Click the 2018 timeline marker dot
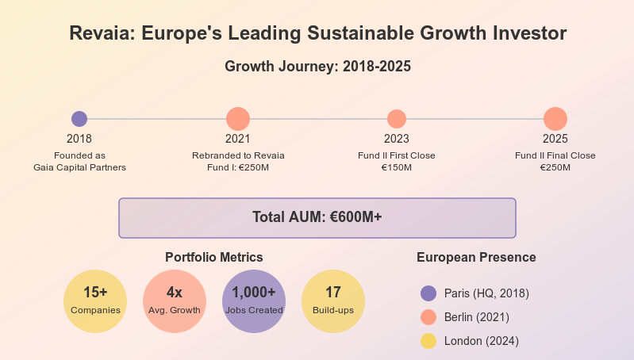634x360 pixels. point(79,119)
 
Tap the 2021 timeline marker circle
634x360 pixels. point(238,119)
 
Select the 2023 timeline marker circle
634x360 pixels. point(396,119)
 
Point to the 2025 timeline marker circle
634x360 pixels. point(555,119)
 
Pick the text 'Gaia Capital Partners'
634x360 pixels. point(79,167)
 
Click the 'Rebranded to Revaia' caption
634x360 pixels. point(238,155)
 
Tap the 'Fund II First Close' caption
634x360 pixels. point(397,155)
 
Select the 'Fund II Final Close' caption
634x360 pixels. point(555,155)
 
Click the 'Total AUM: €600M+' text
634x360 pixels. point(317,217)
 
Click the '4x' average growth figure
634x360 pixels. point(175,292)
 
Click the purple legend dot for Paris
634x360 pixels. point(428,293)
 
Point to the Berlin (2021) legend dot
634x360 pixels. point(428,317)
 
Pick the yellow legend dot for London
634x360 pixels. point(428,341)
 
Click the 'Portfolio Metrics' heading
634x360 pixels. point(214,258)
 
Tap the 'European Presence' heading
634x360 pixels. point(476,258)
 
